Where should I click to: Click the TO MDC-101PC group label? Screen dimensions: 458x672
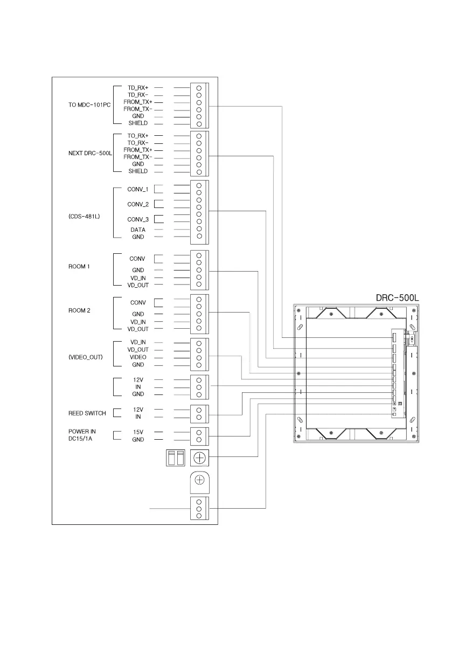tap(89, 105)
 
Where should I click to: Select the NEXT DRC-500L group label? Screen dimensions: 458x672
tap(90, 153)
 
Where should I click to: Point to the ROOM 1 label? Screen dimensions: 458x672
tap(79, 267)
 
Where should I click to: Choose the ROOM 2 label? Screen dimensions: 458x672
tap(79, 310)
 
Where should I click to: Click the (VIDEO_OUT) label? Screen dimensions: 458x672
tap(86, 357)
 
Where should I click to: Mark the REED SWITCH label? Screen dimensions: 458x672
tap(87, 413)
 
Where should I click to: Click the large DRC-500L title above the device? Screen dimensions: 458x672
tap(397, 297)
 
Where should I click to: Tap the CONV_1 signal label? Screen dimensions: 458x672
tap(137, 189)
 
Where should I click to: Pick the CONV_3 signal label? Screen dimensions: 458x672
tap(137, 219)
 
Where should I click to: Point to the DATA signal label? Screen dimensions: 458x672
tap(138, 230)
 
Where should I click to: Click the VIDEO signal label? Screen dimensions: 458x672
tap(138, 357)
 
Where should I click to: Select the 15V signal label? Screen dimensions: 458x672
tap(138, 432)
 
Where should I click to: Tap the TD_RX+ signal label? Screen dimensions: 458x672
tap(138, 87)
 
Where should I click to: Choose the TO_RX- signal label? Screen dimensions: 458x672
tap(138, 143)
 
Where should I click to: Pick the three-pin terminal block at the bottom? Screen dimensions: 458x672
tap(199, 508)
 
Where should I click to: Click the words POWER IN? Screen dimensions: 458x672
tap(82, 431)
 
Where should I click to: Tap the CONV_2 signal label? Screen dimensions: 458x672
tap(137, 204)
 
